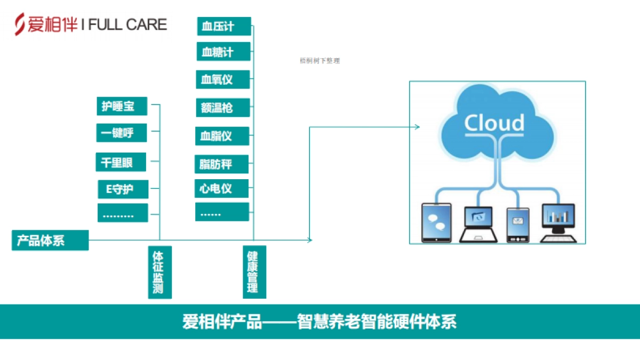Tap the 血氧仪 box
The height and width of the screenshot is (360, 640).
222,80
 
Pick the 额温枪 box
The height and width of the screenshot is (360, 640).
222,108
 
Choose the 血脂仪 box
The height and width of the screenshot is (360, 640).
222,136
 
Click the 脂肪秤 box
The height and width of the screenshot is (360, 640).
222,164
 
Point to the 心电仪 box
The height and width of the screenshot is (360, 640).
222,189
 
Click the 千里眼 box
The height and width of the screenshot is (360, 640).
121,162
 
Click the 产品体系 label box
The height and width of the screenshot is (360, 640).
50,241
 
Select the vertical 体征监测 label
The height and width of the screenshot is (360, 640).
158,272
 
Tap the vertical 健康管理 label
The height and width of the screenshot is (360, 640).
253,272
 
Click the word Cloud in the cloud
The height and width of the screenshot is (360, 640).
494,123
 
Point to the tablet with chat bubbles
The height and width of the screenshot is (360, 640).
436,222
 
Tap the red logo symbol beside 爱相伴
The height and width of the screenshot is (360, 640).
20,25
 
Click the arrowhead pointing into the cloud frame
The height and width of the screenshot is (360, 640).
418,127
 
